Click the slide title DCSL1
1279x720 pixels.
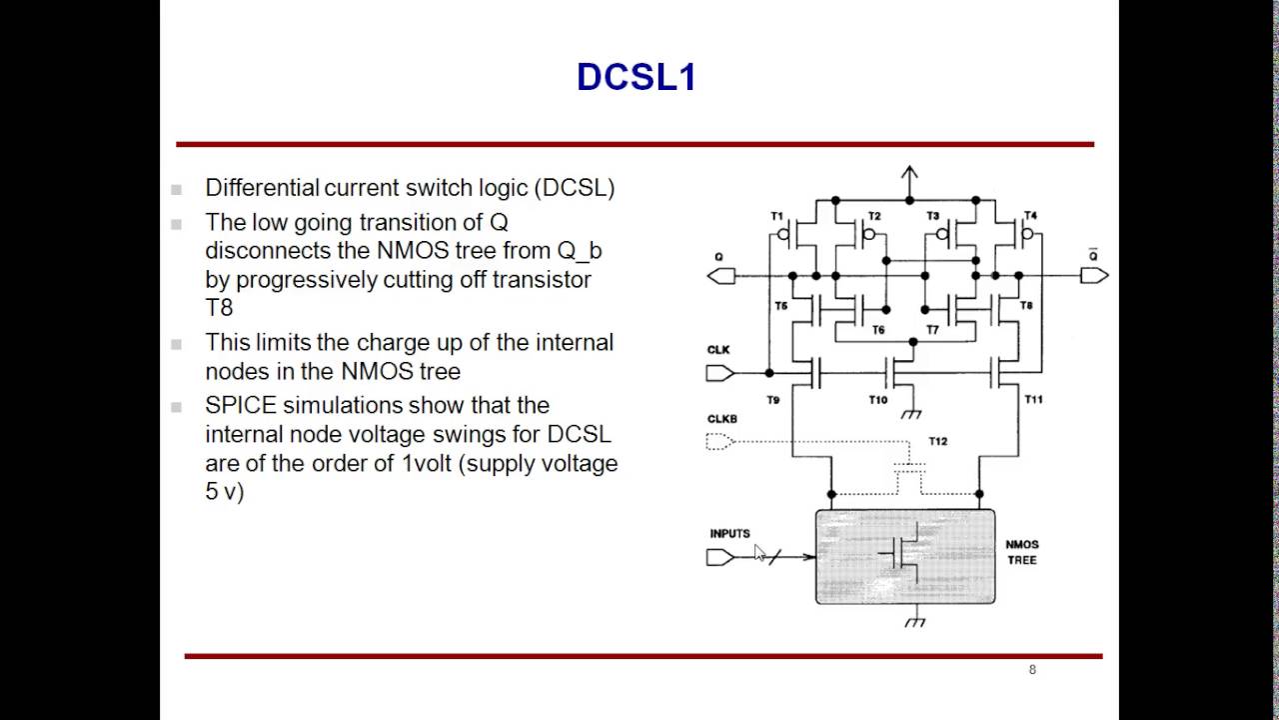click(x=636, y=77)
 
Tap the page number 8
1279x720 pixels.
click(x=1032, y=669)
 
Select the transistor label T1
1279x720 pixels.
click(x=777, y=216)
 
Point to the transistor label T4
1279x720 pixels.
click(x=1030, y=216)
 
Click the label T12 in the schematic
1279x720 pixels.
click(x=937, y=441)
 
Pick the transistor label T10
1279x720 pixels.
click(x=877, y=400)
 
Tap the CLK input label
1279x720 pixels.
click(x=718, y=350)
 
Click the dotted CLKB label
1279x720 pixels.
click(x=721, y=419)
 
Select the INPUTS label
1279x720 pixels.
click(x=729, y=533)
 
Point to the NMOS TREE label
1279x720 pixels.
click(x=1022, y=552)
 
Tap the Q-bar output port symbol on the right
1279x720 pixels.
click(x=1094, y=275)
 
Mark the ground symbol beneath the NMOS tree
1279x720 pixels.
click(x=913, y=621)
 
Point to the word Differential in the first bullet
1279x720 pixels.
click(x=262, y=187)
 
